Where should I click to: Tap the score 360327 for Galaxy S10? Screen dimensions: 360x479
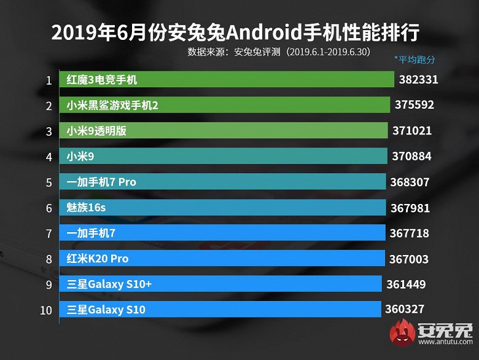404,310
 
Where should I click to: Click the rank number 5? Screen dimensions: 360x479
48,182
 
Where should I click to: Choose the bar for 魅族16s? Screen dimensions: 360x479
222,208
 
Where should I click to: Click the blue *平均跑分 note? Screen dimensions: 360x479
415,60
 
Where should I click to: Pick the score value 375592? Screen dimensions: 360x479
415,105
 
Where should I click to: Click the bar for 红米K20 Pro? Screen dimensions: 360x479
222,259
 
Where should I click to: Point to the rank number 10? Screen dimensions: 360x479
46,310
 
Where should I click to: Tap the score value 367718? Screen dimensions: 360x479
409,233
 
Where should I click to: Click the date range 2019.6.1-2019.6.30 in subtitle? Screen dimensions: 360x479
329,52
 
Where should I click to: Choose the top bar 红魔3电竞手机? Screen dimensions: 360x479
227,80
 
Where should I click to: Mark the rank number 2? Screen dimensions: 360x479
48,106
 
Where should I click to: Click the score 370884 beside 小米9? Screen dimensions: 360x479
411,157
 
